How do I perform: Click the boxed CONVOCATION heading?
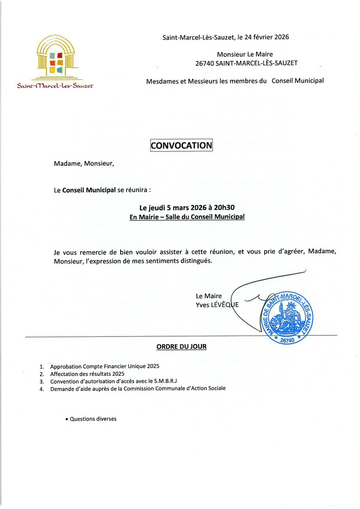(182, 145)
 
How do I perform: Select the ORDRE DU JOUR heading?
(182, 347)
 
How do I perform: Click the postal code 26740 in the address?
(205, 63)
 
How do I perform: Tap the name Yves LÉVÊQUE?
(217, 304)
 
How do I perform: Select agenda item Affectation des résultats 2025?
(87, 374)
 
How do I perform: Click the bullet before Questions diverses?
(67, 419)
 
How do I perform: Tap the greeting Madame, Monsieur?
(84, 163)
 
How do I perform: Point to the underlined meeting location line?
(187, 217)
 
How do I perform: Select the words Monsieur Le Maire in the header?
(244, 55)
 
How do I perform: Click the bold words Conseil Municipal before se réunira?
(89, 190)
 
